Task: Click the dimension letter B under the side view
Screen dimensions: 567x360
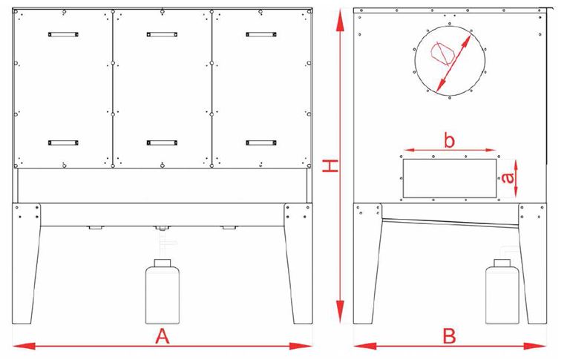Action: [x=450, y=336]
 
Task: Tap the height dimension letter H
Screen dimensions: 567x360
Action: [x=330, y=166]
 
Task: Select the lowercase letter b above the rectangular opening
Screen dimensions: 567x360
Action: [x=449, y=140]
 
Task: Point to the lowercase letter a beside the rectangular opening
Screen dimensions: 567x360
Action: [x=508, y=177]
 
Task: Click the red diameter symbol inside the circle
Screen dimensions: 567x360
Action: [x=441, y=53]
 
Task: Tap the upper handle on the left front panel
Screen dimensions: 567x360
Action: [x=63, y=34]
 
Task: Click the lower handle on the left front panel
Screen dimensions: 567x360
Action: [x=63, y=143]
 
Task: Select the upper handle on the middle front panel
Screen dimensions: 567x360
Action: [x=162, y=34]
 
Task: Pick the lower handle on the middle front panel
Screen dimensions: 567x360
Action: [x=162, y=143]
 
